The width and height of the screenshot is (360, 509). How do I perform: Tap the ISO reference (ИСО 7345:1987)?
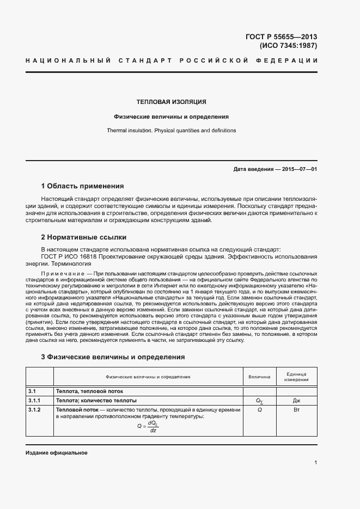[x=287, y=46]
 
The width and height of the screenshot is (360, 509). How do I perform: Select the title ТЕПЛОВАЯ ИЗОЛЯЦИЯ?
[x=171, y=102]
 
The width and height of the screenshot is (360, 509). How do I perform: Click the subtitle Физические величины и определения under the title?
[x=171, y=116]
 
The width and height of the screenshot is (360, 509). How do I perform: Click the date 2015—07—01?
[x=300, y=169]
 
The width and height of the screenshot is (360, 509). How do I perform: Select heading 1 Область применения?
[x=83, y=186]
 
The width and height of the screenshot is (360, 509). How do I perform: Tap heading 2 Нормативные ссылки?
[x=84, y=237]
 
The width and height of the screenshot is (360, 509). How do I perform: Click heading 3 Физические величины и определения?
[x=113, y=357]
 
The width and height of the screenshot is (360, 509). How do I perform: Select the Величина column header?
[x=259, y=377]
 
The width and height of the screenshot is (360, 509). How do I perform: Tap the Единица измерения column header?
[x=296, y=377]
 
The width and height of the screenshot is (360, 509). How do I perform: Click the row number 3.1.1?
[x=34, y=400]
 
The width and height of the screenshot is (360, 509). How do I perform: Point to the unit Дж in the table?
[x=296, y=400]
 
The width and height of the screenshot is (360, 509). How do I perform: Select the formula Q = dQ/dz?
[x=148, y=426]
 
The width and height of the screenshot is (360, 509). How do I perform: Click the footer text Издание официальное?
[x=56, y=453]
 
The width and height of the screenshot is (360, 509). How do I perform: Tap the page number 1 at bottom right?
[x=315, y=463]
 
